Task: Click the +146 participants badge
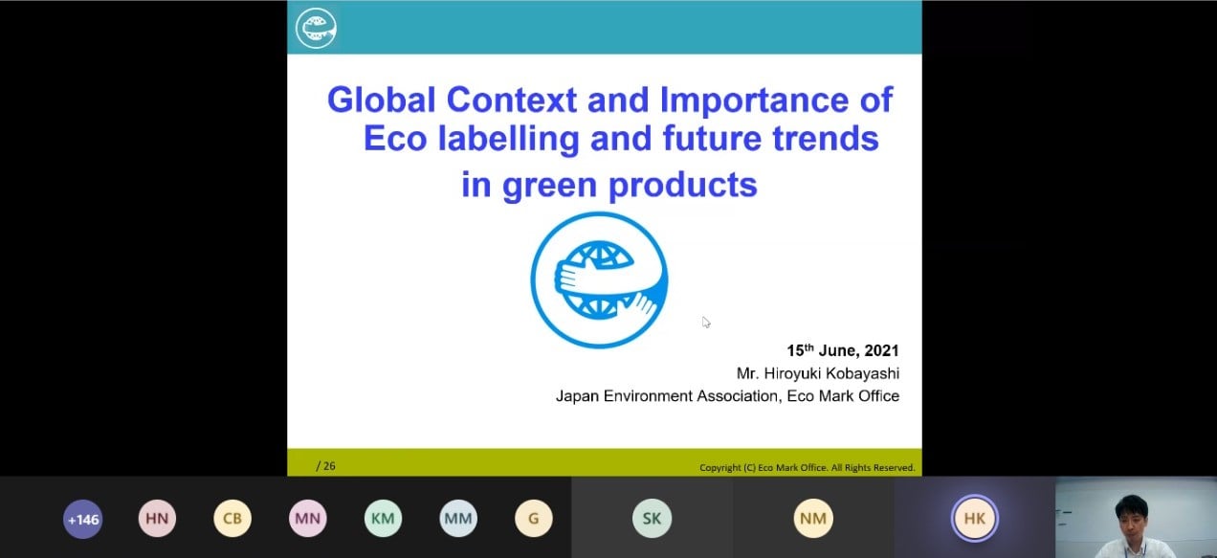[82, 519]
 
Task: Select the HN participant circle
[157, 519]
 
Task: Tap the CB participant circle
[232, 519]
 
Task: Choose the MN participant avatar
[307, 519]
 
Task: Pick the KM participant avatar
[383, 519]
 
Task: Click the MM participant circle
[458, 519]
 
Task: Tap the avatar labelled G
[534, 519]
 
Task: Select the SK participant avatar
[652, 519]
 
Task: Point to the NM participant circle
[813, 519]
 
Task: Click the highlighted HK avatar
[975, 519]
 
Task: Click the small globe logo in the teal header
[316, 29]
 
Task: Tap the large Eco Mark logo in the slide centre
[599, 279]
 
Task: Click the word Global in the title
[382, 100]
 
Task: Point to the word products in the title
[683, 186]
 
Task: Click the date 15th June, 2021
[843, 350]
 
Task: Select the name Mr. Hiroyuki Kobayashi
[818, 374]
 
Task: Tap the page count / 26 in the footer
[325, 466]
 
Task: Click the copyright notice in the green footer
[808, 468]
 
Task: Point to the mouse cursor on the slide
[705, 323]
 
